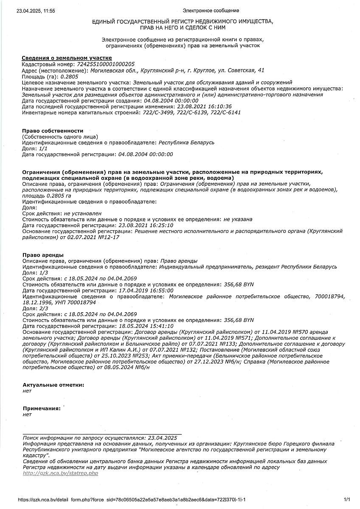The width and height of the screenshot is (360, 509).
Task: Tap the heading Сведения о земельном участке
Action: point(67,58)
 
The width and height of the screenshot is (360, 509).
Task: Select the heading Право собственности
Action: point(52,131)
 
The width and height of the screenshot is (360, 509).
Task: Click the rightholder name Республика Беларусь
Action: point(186,143)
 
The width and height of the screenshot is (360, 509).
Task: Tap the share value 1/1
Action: point(43,148)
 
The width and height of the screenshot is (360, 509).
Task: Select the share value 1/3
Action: point(43,272)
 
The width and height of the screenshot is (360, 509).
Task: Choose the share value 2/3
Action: point(43,308)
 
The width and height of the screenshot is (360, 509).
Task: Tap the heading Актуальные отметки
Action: point(53,385)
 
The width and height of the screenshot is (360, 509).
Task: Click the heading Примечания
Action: point(42,408)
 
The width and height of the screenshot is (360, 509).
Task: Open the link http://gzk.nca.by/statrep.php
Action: point(60,473)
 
